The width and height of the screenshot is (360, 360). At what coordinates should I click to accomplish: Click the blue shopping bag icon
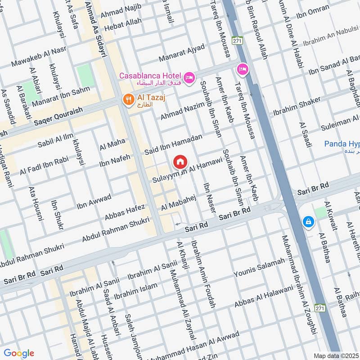(x=309, y=222)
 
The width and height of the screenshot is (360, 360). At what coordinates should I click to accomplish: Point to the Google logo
(x=18, y=353)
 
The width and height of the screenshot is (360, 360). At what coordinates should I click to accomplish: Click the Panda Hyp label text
(x=342, y=144)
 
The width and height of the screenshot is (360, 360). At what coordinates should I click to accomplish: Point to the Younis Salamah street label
(x=259, y=268)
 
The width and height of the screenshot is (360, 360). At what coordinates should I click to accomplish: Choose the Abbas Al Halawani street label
(x=263, y=297)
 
